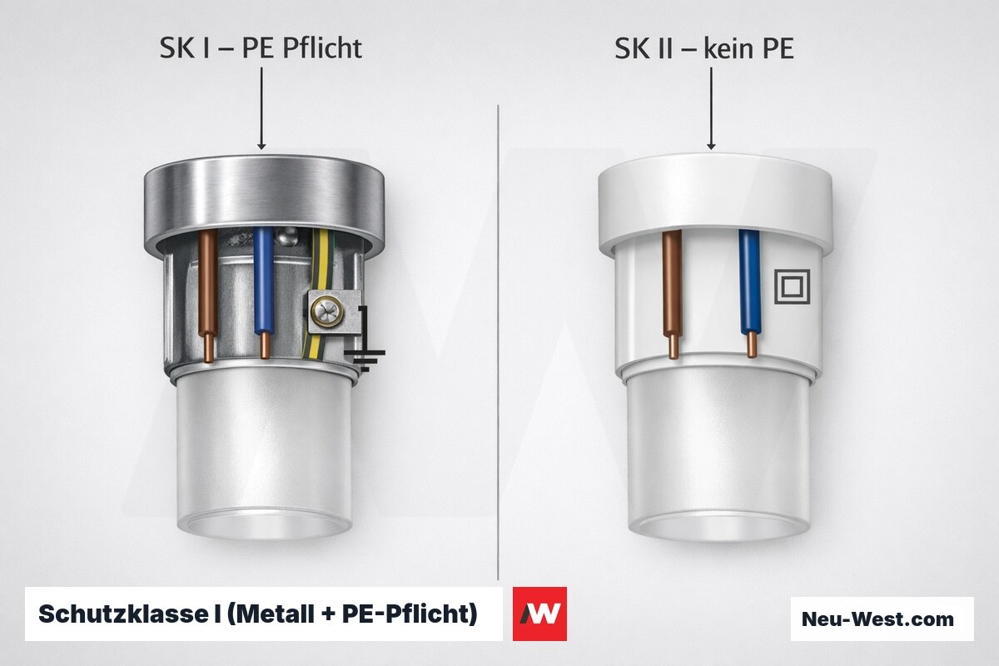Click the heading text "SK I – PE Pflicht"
coord(261,48)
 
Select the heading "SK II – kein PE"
coord(704,48)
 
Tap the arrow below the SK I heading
coord(261,108)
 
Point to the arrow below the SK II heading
coord(711,108)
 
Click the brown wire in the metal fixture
coord(208,295)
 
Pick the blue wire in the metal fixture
coord(264,292)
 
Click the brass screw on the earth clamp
coord(327,311)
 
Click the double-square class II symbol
coord(792,286)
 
